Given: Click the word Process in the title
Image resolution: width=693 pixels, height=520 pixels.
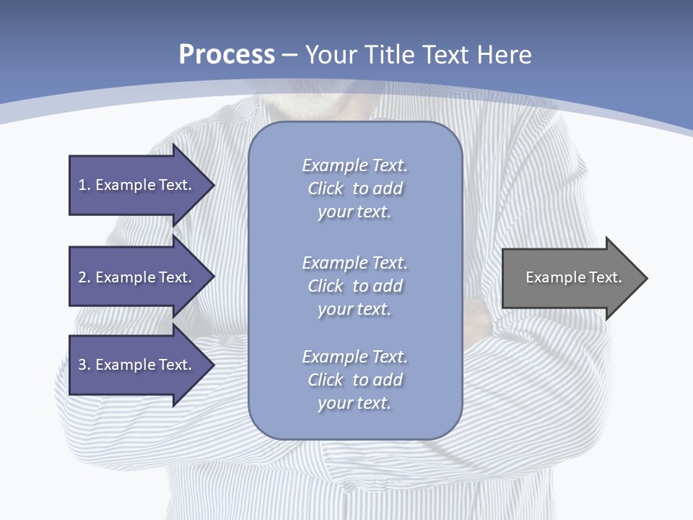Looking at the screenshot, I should point(227,55).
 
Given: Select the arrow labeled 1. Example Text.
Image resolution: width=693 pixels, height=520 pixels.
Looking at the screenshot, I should point(137,185).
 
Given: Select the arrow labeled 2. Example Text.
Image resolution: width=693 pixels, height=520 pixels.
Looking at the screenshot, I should point(137,277).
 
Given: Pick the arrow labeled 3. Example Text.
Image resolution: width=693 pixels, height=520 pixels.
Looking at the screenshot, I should point(137,365).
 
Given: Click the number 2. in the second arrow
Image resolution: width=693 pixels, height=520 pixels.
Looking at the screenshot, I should point(84,277).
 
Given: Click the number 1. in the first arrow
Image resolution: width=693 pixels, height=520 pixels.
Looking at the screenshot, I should point(84,185).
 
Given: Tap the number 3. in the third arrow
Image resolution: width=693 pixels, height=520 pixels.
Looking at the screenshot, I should point(84,365).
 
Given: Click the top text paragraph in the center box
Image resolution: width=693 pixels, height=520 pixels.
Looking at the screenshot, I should point(354,188).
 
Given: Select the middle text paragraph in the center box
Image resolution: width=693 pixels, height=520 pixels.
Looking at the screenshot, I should point(354,286).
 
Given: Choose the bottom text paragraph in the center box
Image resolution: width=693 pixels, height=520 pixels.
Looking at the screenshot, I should point(354,380).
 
